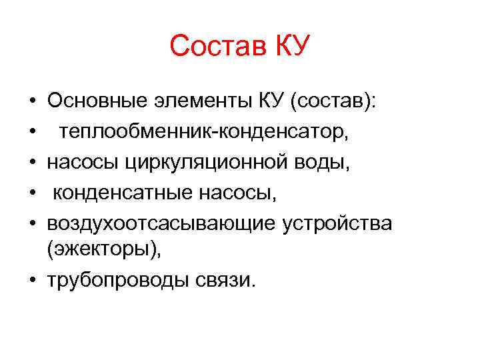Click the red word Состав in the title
tap(215, 47)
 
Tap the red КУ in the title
tap(289, 47)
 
